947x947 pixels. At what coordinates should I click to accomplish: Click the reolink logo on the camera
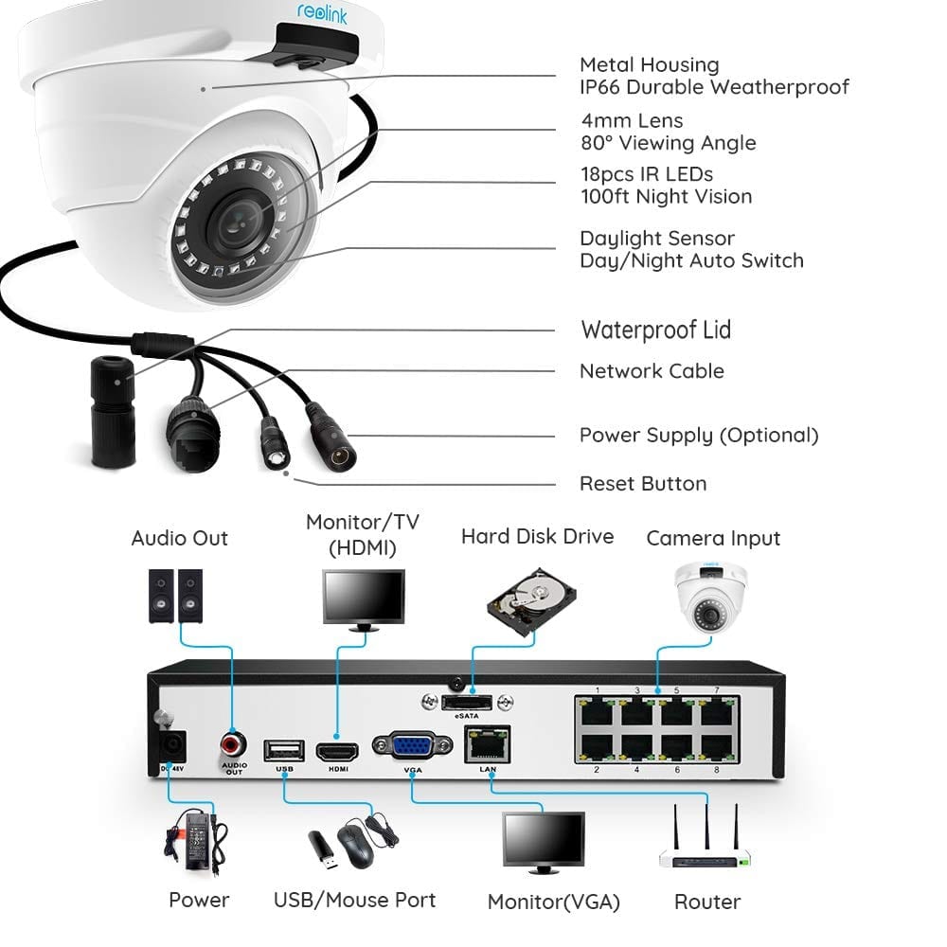pos(322,12)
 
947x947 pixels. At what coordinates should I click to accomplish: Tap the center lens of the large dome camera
pos(237,220)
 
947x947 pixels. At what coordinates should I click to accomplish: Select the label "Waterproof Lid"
pos(656,330)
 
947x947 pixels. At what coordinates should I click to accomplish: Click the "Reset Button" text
pos(643,484)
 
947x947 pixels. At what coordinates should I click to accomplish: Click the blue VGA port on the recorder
pos(413,745)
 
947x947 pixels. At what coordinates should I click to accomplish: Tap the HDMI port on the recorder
pos(337,751)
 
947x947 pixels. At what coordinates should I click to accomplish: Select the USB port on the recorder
pos(284,751)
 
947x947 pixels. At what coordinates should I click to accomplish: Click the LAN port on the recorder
pos(488,744)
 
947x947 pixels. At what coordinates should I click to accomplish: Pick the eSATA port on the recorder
pos(467,703)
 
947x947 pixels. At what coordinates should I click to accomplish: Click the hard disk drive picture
pos(531,601)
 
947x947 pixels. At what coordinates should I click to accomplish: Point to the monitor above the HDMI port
pos(364,600)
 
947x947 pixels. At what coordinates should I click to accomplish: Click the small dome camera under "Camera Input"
pos(711,598)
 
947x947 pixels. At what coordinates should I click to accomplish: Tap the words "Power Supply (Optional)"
pos(699,436)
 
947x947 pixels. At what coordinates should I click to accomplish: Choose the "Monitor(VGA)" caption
pos(554,902)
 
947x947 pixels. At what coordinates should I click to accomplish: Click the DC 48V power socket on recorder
pos(171,746)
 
